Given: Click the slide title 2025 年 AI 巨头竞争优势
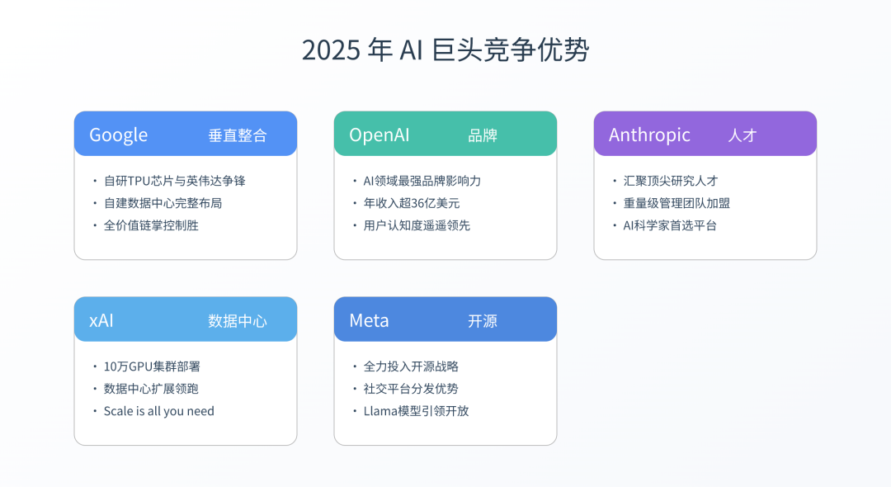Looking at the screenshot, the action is [445, 50].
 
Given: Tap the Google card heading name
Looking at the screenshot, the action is [118, 135].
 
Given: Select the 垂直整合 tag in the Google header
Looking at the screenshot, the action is [238, 135].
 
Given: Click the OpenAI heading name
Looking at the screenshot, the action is [379, 135].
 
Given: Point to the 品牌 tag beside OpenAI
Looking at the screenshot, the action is [483, 135].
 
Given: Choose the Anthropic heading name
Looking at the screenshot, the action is [649, 135].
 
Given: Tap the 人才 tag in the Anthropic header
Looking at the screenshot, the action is [742, 135].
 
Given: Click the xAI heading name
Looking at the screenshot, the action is [101, 320].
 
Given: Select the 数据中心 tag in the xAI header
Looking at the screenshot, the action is [238, 321].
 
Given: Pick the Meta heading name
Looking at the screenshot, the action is [369, 320].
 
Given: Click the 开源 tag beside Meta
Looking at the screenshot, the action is [483, 321].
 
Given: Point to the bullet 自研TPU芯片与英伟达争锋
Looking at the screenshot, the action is [174, 181].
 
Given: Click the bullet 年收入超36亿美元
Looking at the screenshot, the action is [412, 203].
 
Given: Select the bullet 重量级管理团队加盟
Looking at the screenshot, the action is [676, 203].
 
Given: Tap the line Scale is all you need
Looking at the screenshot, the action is [158, 411].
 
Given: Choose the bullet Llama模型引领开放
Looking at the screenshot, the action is [416, 411].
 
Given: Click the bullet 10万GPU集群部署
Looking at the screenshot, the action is [152, 366].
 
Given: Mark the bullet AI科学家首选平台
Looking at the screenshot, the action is [670, 225].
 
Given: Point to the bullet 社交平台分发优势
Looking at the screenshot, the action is [411, 389].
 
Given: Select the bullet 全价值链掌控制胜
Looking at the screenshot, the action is [151, 225].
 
